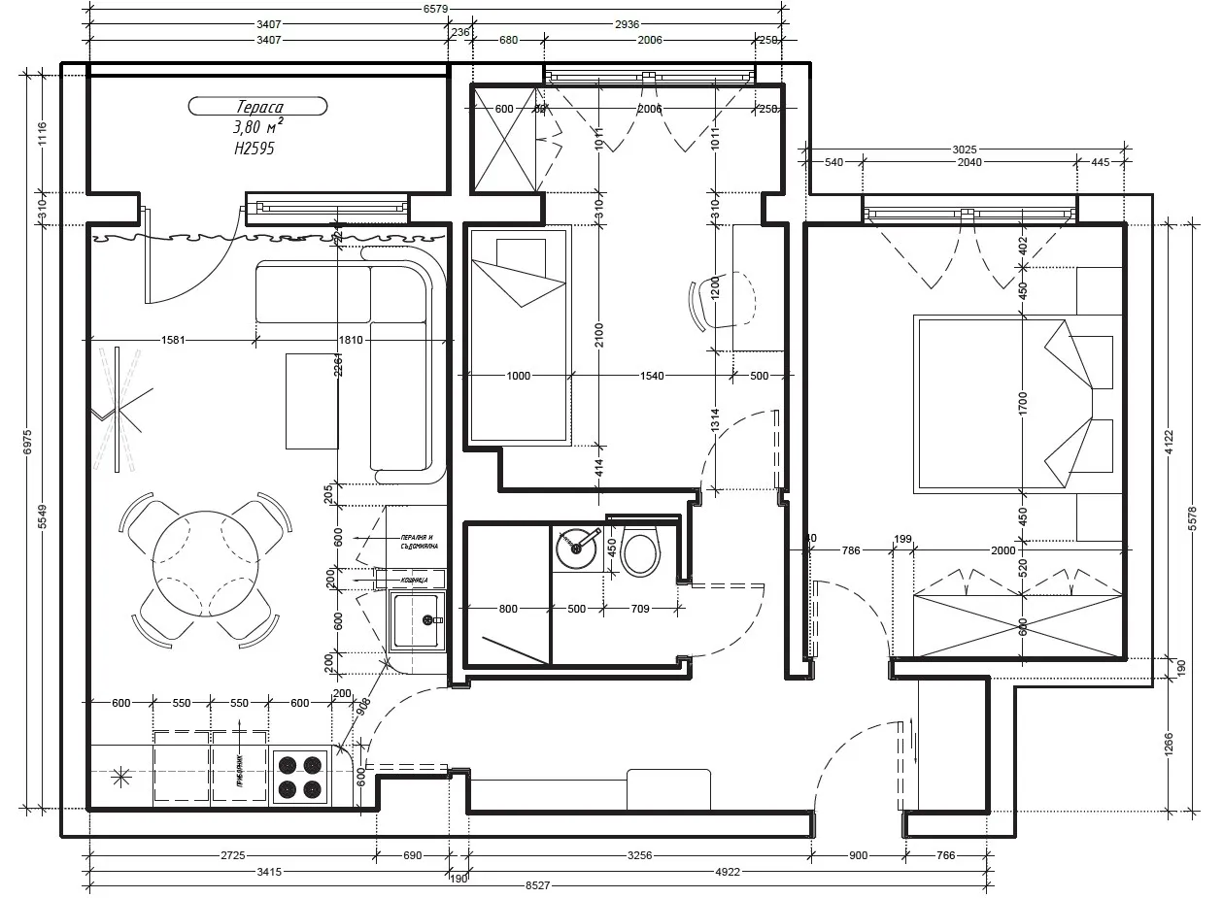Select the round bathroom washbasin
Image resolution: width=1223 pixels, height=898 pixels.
[576, 548]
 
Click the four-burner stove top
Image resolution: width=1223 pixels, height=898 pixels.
[299, 777]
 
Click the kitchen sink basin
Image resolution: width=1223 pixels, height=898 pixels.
[417, 621]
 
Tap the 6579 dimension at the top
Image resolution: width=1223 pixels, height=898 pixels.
[435, 8]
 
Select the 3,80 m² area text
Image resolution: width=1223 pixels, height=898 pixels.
[257, 127]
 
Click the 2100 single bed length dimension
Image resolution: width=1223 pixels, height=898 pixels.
[599, 334]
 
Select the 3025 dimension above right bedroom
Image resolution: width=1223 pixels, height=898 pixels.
[964, 150]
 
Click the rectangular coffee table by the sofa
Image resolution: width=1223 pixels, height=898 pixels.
[311, 401]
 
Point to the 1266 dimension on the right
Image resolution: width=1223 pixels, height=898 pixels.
[1170, 748]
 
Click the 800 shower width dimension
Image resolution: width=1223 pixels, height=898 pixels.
[507, 609]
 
